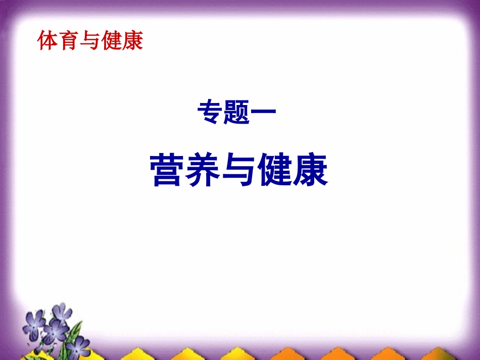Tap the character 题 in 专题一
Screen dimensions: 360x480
click(237, 113)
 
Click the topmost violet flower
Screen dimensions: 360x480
click(62, 313)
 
